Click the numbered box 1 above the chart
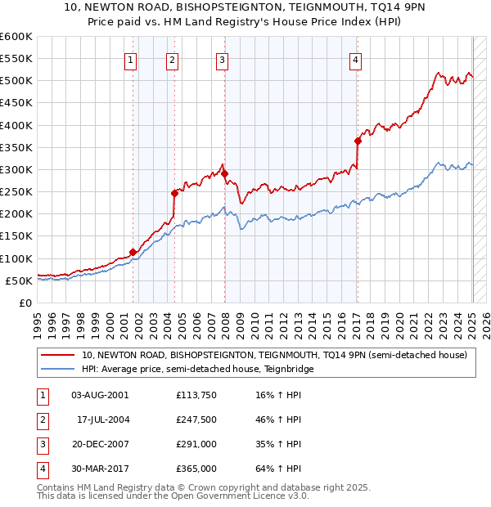pyautogui.click(x=132, y=59)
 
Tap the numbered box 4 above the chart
pyautogui.click(x=356, y=59)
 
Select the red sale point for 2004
pyautogui.click(x=174, y=193)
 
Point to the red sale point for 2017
pyautogui.click(x=358, y=141)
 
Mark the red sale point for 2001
pyautogui.click(x=133, y=252)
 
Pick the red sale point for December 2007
pyautogui.click(x=224, y=173)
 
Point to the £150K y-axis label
pyautogui.click(x=16, y=236)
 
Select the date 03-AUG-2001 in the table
pyautogui.click(x=100, y=395)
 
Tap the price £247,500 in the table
pyautogui.click(x=196, y=420)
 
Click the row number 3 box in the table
pyautogui.click(x=41, y=444)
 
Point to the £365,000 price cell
pyautogui.click(x=196, y=469)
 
